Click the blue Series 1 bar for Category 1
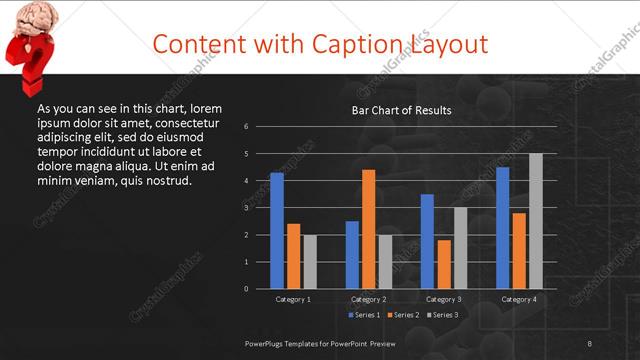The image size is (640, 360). coord(277,231)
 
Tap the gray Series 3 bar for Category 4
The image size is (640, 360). coord(535,221)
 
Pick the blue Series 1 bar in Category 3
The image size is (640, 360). coord(427,241)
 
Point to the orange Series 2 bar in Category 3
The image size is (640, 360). coord(443,264)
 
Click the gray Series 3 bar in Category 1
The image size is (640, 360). coord(309,262)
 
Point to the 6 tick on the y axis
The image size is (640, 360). coord(260,127)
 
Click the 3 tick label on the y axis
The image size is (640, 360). coord(260,208)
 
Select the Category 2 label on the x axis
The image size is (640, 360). coord(368,299)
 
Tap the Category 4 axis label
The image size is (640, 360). coord(518,299)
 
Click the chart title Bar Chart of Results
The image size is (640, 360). coord(401,110)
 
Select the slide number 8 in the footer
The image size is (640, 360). coord(589,343)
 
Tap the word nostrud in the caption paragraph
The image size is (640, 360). coord(166,180)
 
